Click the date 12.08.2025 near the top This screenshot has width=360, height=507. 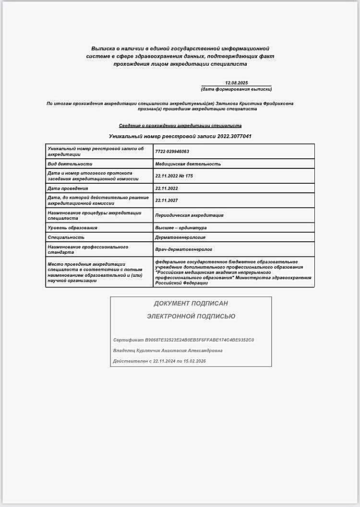click(x=236, y=83)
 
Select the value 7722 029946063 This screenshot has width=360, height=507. click(x=172, y=152)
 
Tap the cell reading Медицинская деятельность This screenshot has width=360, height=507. click(x=188, y=164)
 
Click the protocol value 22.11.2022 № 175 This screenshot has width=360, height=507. click(x=174, y=176)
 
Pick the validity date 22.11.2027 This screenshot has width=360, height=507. click(x=167, y=200)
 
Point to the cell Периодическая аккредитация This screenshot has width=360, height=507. click(x=189, y=215)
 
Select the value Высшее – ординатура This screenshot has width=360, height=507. click(x=180, y=228)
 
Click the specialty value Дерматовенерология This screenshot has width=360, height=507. click(x=180, y=237)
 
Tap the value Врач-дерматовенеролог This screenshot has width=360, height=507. click(x=183, y=249)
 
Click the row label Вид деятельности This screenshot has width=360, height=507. click(x=67, y=164)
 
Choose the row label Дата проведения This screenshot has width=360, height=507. click(x=68, y=189)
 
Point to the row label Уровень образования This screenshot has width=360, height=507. click(x=72, y=228)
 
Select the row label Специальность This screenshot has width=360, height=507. click(x=66, y=237)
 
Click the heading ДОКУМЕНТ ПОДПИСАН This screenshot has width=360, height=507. click(x=191, y=304)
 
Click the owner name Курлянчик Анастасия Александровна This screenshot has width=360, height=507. click(x=180, y=351)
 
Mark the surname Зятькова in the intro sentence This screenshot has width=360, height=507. click(x=229, y=103)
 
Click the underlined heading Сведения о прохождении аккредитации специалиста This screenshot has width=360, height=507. click(x=180, y=126)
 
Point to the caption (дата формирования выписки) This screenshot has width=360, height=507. click(x=236, y=90)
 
